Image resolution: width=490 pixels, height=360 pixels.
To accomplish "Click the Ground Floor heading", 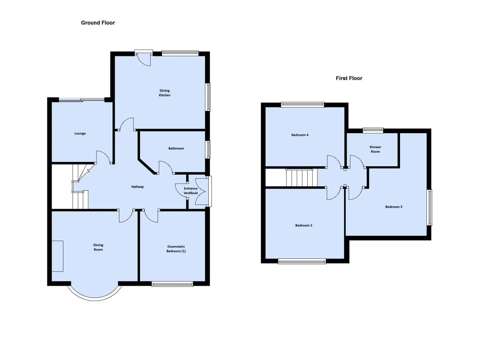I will [x=98, y=23].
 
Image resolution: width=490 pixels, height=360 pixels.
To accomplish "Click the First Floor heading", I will [x=349, y=78].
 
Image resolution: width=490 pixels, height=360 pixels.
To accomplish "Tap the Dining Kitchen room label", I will [x=165, y=93].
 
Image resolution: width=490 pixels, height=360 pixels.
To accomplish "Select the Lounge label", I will [x=80, y=133].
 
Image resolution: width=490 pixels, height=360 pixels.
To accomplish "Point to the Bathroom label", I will [x=176, y=148].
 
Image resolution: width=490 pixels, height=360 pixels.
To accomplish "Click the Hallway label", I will [x=137, y=187].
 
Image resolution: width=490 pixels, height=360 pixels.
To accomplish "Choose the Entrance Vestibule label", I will [x=191, y=191].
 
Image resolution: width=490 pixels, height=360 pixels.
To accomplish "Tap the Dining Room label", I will [x=98, y=247].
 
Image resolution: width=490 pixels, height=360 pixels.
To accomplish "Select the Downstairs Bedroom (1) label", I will [x=176, y=249].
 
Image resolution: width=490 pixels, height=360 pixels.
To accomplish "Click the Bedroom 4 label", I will [x=300, y=135].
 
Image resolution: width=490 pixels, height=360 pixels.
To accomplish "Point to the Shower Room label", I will [x=375, y=149].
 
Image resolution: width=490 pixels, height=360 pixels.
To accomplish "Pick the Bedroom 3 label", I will [x=394, y=207].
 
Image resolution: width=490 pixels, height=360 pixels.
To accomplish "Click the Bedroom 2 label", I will [x=304, y=225].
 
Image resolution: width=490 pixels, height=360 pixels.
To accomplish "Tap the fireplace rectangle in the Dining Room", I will [x=57, y=256].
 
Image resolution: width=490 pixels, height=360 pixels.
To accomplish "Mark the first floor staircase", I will [x=300, y=178].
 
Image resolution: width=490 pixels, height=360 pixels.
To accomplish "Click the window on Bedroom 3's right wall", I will [x=429, y=207].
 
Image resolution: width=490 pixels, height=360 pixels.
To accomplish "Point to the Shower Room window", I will [x=373, y=130].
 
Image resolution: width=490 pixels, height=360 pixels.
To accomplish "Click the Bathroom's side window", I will [x=208, y=149].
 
